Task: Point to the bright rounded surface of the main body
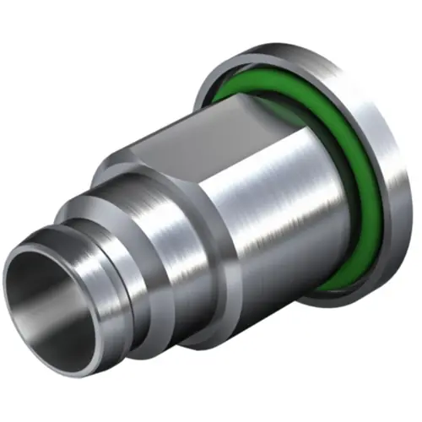tap(279, 211)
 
